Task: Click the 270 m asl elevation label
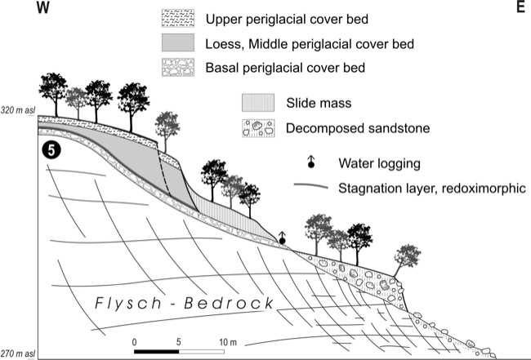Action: [18, 353]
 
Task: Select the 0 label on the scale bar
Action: [136, 339]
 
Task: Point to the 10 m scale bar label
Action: [225, 339]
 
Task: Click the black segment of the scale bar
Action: [158, 351]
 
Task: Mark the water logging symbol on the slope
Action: [283, 237]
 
